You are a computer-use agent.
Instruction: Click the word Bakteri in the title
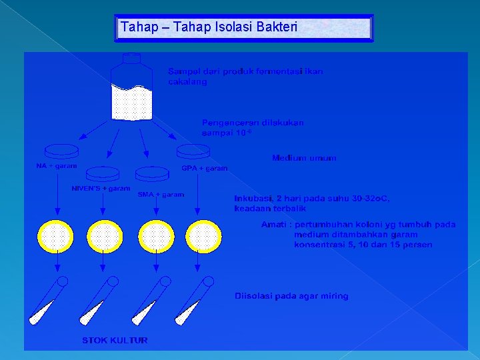click(277, 28)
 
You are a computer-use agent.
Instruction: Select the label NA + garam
click(56, 166)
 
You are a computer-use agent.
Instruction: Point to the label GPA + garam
click(205, 169)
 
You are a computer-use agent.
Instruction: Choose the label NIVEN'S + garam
click(101, 189)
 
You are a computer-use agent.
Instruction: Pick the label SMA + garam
click(161, 195)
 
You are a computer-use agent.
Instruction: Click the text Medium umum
click(304, 159)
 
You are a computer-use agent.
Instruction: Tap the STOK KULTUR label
click(115, 341)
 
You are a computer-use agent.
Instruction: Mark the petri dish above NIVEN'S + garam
click(103, 173)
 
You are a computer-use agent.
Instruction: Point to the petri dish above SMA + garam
click(152, 173)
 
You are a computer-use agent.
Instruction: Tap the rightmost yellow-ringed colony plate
click(203, 237)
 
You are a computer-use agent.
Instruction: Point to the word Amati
click(274, 225)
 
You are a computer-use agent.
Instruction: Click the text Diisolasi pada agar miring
click(291, 296)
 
